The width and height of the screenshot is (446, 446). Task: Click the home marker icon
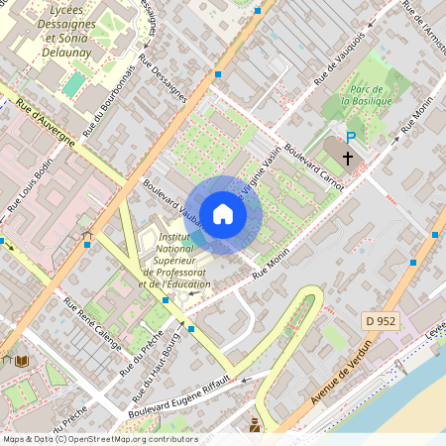[x=223, y=213]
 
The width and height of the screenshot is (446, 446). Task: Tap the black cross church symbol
[x=348, y=158]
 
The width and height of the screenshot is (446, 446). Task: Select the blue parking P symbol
[x=350, y=138]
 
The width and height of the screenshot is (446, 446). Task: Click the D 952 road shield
[x=379, y=320]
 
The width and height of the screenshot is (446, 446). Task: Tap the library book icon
[x=22, y=362]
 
